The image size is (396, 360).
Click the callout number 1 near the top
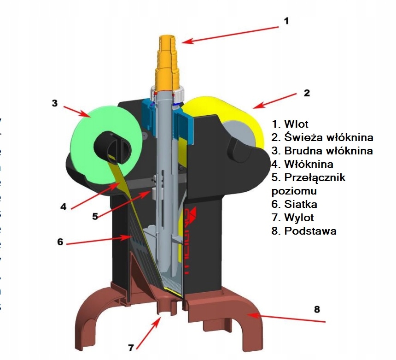coord(286,21)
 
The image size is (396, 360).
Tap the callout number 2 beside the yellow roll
coord(307,92)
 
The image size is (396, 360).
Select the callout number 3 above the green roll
coord(54,103)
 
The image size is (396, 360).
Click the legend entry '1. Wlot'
coord(290,124)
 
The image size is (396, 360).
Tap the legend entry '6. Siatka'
coord(294,204)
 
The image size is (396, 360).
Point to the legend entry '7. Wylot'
coord(293,218)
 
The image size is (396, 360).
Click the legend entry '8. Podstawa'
coord(304,231)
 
